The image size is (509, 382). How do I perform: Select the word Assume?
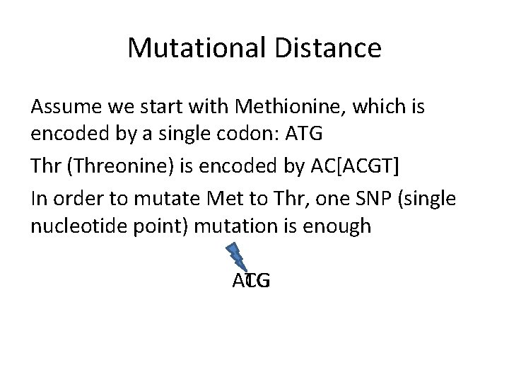pyautogui.click(x=63, y=108)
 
